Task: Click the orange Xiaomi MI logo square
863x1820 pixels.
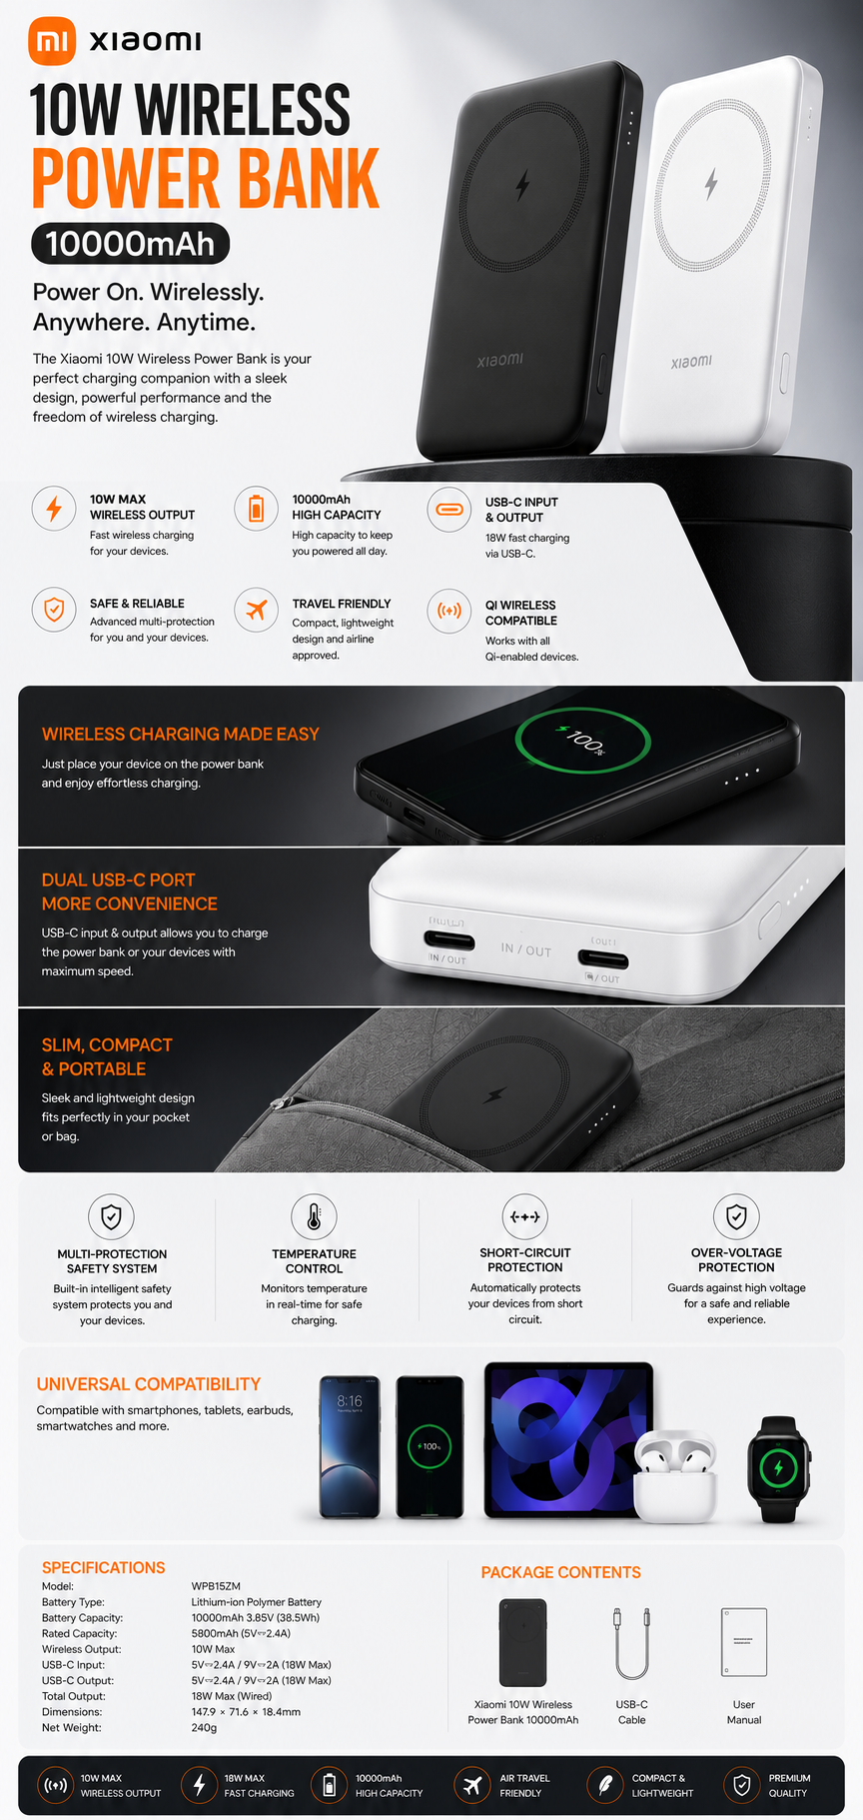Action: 52,41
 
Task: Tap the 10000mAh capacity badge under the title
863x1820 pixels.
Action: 131,244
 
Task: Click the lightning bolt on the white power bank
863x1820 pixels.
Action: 711,183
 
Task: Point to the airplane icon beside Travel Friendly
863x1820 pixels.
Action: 257,609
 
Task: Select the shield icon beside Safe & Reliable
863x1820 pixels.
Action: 54,609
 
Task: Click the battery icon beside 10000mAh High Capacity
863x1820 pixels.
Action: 257,509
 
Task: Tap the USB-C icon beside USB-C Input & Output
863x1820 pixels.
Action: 449,510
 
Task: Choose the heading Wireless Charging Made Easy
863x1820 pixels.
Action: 181,734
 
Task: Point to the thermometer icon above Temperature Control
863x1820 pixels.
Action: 314,1216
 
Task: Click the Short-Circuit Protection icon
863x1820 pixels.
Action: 525,1216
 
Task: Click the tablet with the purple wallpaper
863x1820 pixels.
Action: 568,1440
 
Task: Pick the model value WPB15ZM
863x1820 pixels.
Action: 216,1586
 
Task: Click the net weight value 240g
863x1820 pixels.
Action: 204,1728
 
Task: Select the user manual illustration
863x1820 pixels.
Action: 744,1642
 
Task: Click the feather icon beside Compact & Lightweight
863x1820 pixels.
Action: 604,1785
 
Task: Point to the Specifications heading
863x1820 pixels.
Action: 104,1567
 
